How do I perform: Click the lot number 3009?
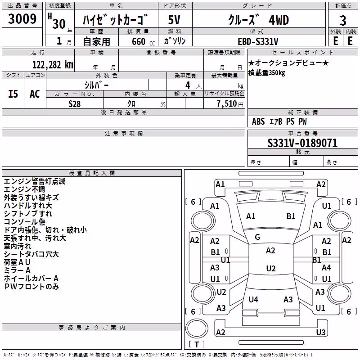click(22, 18)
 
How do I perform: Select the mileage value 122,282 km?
click(53, 65)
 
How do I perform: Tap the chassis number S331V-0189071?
click(302, 143)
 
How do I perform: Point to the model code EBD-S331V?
click(258, 41)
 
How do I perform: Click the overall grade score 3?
click(343, 20)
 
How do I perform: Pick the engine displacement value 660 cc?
click(143, 41)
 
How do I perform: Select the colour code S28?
click(74, 104)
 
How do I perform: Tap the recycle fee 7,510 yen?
click(230, 104)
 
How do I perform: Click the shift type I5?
click(13, 94)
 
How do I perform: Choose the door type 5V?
click(174, 20)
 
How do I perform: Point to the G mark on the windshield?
click(257, 237)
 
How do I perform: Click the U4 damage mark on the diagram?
click(253, 299)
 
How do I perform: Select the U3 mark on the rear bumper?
click(321, 332)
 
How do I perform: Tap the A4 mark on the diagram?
click(326, 267)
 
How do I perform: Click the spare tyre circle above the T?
click(197, 328)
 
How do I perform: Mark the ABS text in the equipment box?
click(258, 121)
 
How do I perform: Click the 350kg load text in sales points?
click(277, 73)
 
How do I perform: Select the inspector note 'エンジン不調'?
click(24, 189)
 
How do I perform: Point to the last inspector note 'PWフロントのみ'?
click(31, 287)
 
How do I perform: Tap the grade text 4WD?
click(279, 20)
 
